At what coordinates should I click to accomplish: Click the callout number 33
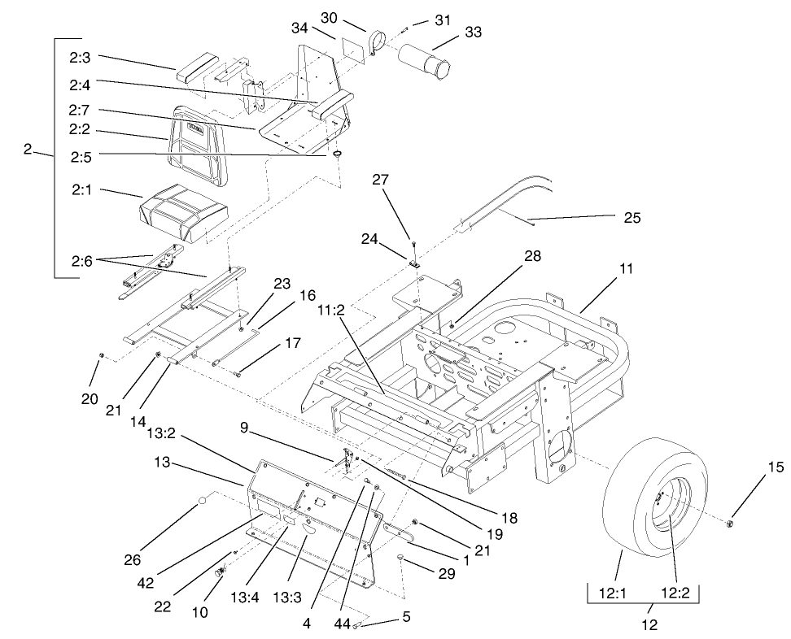tap(473, 33)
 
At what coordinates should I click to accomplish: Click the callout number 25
tap(631, 218)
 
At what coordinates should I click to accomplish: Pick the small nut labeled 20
tap(99, 356)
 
